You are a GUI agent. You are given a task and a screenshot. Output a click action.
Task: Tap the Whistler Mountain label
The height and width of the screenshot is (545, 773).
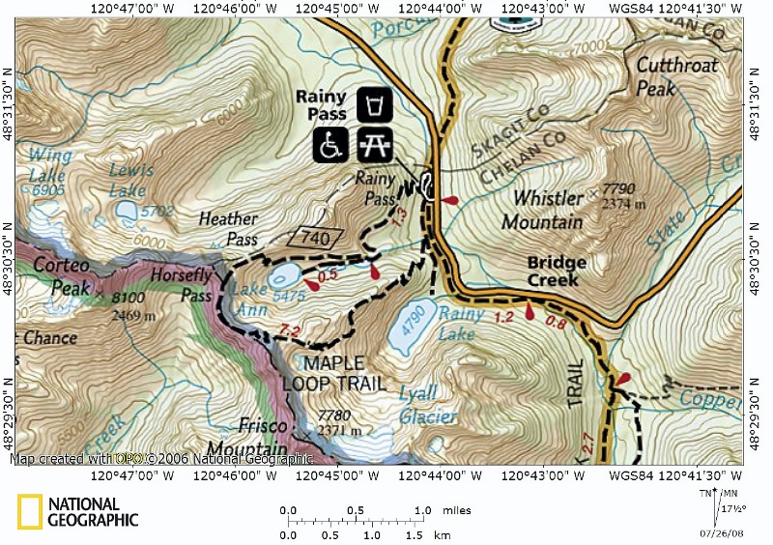(x=541, y=210)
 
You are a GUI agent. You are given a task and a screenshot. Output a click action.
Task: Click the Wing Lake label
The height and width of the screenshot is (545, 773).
(x=48, y=165)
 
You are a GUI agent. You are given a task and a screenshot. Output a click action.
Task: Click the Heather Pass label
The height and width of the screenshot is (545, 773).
(x=228, y=229)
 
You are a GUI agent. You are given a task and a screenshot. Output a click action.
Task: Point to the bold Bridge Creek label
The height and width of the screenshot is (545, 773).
(x=557, y=271)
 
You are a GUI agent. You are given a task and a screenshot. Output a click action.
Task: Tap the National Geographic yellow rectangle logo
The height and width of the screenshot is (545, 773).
(x=29, y=512)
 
